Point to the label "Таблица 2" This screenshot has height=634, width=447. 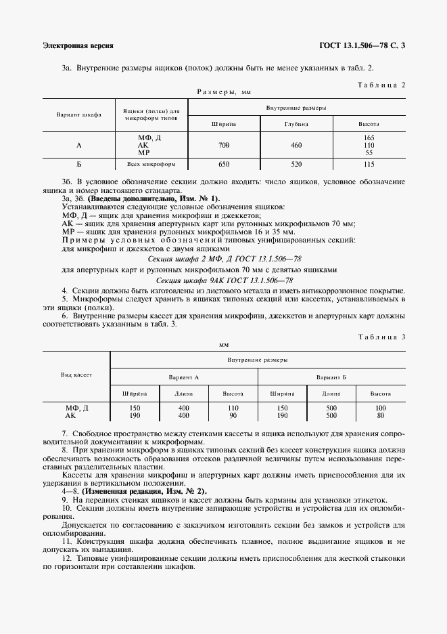coord(380,85)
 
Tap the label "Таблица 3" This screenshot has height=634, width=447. coord(380,337)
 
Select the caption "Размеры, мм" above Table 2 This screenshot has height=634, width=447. coord(224,91)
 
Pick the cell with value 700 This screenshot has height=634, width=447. coord(224,145)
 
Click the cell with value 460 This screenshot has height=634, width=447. coord(296,145)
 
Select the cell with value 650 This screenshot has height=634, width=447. coord(224,164)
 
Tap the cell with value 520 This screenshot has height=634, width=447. coord(296,164)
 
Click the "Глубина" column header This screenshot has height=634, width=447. coord(296,124)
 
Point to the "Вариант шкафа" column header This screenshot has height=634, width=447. coord(79,114)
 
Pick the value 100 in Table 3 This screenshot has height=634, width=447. coord(381,408)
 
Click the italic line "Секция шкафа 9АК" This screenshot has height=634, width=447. coord(224,280)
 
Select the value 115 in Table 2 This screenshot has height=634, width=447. coord(369,164)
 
